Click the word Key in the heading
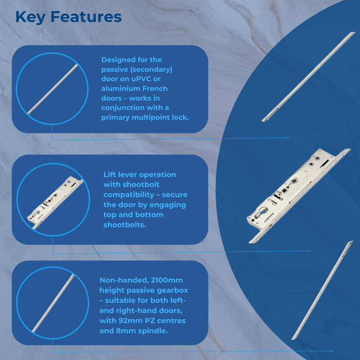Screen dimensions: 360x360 click(30, 17)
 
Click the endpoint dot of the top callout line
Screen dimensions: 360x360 click(288, 138)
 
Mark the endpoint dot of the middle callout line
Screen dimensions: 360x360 click(310, 251)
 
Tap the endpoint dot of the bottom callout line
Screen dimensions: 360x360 click(332, 351)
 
